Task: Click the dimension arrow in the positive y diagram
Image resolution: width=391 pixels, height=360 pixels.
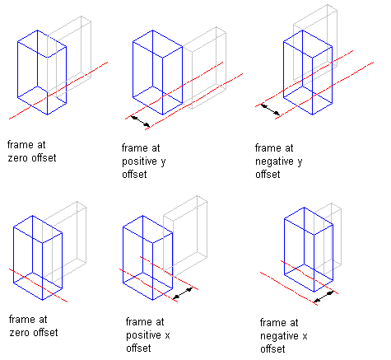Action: point(141,121)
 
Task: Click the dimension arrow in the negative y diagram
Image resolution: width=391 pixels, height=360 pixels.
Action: point(270,109)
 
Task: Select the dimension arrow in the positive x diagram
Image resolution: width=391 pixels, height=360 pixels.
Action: point(183,293)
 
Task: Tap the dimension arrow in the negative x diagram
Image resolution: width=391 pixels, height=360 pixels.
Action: point(324,297)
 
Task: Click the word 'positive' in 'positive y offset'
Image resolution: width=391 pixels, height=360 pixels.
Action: point(139,161)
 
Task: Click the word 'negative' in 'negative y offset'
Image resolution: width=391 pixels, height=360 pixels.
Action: point(274,161)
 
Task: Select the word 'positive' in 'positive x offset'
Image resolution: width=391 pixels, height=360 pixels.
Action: point(143,335)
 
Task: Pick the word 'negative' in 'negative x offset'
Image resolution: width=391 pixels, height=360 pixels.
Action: point(279,336)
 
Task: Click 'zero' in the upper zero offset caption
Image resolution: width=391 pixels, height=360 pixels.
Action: point(18,158)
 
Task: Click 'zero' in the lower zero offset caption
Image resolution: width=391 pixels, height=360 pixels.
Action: point(20,333)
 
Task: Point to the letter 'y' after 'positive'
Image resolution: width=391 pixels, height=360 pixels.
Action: point(163,162)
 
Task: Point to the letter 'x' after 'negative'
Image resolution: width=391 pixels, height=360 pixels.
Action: point(305,336)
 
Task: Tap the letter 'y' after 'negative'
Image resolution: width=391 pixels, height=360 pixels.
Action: point(300,162)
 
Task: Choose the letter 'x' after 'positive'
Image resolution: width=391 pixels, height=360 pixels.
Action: point(167,335)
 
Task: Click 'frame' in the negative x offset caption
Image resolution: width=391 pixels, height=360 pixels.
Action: point(271,322)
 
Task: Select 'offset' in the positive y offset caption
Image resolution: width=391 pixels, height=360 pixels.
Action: point(134,175)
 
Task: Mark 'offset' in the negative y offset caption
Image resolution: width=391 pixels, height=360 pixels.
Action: point(268,175)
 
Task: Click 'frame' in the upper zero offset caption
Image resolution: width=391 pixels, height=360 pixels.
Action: point(19,145)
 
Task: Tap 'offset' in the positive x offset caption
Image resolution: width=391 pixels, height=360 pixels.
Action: point(138,348)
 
